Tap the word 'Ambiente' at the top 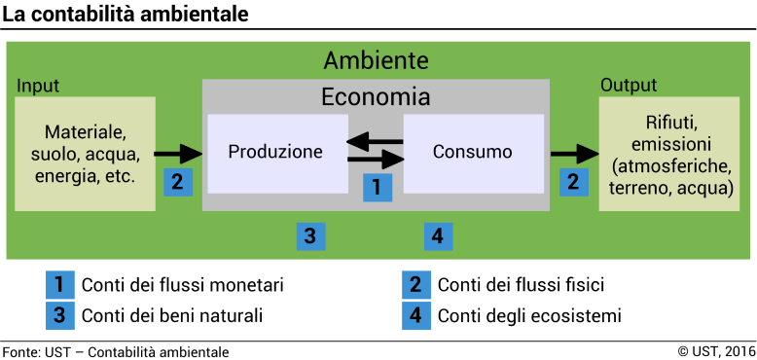pyautogui.click(x=376, y=60)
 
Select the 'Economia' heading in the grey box pyautogui.click(x=376, y=97)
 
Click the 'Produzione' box pyautogui.click(x=276, y=153)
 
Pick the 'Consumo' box pyautogui.click(x=473, y=153)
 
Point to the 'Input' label pyautogui.click(x=39, y=85)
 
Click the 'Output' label pyautogui.click(x=628, y=85)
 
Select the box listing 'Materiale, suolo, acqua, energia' pyautogui.click(x=85, y=153)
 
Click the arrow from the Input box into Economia pyautogui.click(x=177, y=153)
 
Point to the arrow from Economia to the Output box pyautogui.click(x=573, y=153)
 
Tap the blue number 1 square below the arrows pyautogui.click(x=377, y=185)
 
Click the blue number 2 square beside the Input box pyautogui.click(x=177, y=181)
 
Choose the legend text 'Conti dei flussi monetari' pyautogui.click(x=182, y=285)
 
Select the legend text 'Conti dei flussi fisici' pyautogui.click(x=521, y=285)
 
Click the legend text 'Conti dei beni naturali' pyautogui.click(x=172, y=316)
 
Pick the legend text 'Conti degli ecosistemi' pyautogui.click(x=529, y=316)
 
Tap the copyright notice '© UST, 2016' pyautogui.click(x=716, y=351)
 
